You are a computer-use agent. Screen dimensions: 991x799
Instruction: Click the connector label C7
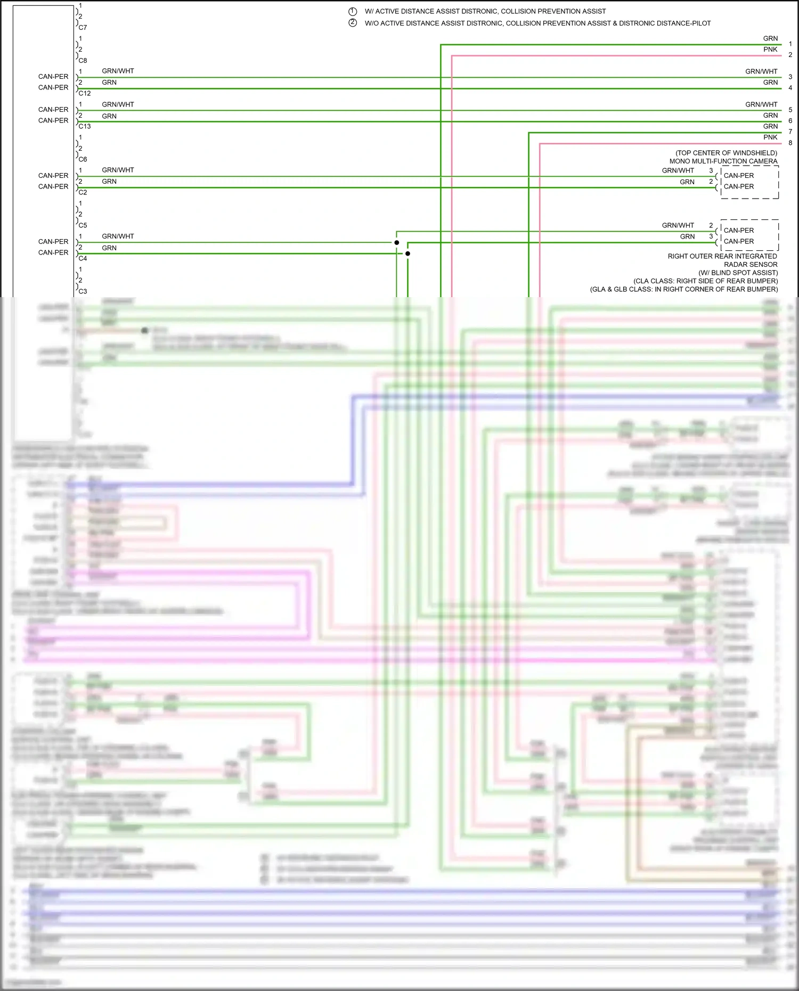pyautogui.click(x=83, y=27)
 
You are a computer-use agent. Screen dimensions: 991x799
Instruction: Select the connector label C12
pyautogui.click(x=85, y=93)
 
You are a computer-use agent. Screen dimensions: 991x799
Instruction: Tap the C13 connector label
pyautogui.click(x=85, y=126)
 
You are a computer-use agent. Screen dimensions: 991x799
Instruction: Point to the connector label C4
pyautogui.click(x=83, y=258)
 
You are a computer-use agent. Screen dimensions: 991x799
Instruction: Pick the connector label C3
pyautogui.click(x=83, y=291)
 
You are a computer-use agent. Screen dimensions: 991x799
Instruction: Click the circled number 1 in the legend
pyautogui.click(x=353, y=11)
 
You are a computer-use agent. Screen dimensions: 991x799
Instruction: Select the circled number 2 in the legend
pyautogui.click(x=353, y=23)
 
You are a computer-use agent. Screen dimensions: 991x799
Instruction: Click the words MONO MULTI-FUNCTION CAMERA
pyautogui.click(x=723, y=161)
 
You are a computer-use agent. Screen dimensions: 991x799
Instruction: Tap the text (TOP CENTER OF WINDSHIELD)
pyautogui.click(x=726, y=153)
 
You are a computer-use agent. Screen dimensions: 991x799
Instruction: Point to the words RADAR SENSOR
pyautogui.click(x=751, y=265)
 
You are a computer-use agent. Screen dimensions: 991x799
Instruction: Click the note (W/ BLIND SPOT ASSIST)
pyautogui.click(x=738, y=273)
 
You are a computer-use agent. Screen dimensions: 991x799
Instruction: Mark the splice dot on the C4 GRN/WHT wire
pyautogui.click(x=397, y=243)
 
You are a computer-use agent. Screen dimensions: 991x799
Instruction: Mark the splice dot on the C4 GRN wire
pyautogui.click(x=407, y=253)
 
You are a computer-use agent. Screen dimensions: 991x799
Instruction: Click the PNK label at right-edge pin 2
pyautogui.click(x=770, y=50)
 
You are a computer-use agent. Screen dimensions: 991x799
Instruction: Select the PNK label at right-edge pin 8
pyautogui.click(x=770, y=137)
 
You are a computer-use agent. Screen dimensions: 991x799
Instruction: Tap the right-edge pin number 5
pyautogui.click(x=790, y=110)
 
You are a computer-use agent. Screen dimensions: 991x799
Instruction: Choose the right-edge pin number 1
pyautogui.click(x=790, y=44)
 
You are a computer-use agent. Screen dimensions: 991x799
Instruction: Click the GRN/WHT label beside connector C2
pyautogui.click(x=118, y=170)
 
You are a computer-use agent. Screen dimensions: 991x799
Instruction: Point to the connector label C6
pyautogui.click(x=83, y=159)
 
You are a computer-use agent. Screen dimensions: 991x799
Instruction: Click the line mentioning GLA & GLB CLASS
pyautogui.click(x=683, y=290)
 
